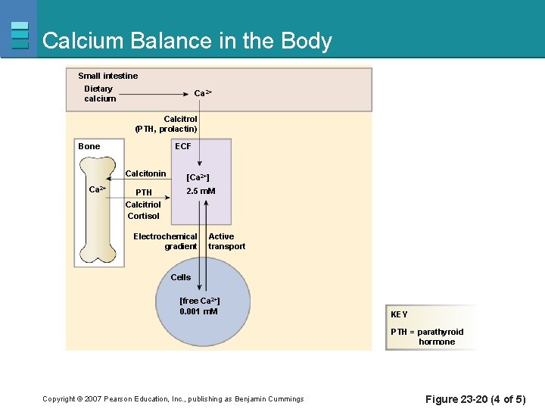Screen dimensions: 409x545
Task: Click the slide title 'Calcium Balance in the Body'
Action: coord(187,40)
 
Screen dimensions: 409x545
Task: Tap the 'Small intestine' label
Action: coord(108,76)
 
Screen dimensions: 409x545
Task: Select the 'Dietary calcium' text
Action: coord(100,94)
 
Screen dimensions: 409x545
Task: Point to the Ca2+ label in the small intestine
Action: coord(203,93)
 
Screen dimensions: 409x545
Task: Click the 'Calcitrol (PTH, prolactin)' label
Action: coord(167,124)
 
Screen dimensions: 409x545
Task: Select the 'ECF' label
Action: coord(183,146)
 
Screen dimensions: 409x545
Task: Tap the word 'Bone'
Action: coord(89,146)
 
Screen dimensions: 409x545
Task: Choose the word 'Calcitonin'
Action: coord(145,174)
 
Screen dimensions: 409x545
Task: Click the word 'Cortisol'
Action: coord(143,216)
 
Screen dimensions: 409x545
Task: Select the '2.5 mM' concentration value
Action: coord(201,191)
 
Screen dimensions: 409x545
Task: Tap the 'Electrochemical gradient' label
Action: coord(165,242)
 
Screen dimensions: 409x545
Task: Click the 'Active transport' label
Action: coord(226,242)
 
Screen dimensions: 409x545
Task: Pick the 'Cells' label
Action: coord(181,277)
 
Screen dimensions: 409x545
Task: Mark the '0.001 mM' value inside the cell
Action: coord(198,311)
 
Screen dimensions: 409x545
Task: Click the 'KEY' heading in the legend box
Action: coord(399,314)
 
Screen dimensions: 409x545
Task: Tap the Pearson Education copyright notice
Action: coord(173,399)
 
